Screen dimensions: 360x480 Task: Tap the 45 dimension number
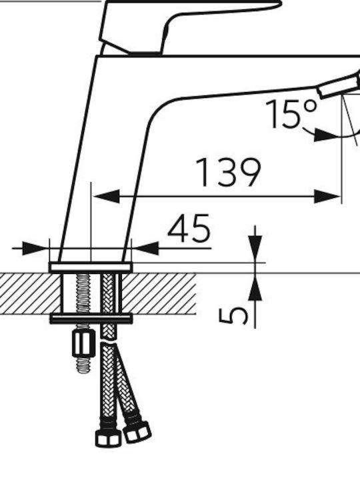click(x=189, y=228)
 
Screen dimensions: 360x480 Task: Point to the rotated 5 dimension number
click(x=233, y=312)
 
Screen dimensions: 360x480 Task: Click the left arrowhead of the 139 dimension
click(x=106, y=196)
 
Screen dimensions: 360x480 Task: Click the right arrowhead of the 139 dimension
click(x=327, y=196)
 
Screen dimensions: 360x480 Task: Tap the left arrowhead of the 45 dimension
click(x=35, y=248)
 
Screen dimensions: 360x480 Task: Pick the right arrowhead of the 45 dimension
click(x=145, y=248)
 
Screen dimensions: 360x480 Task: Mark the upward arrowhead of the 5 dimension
click(x=255, y=286)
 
